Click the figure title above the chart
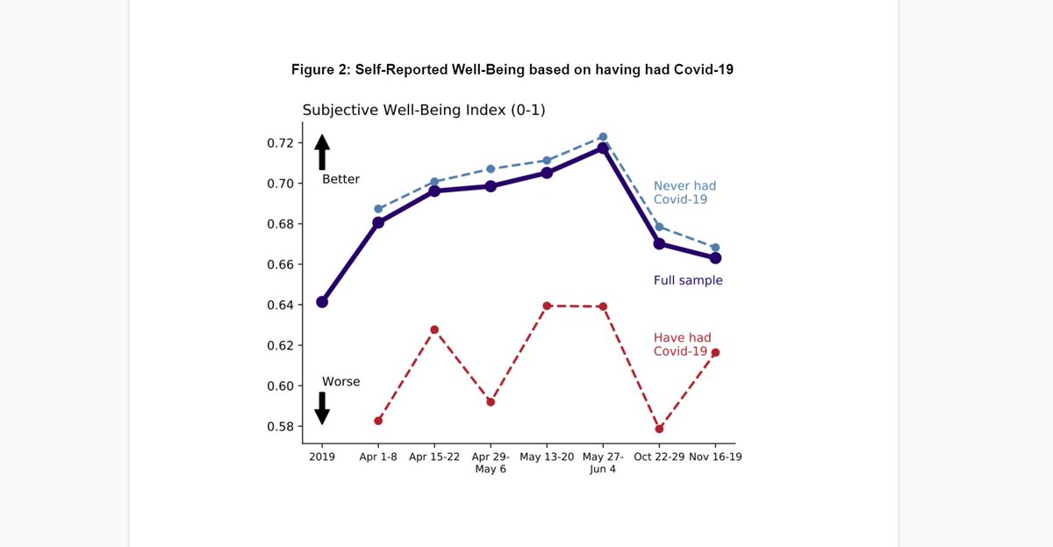[x=512, y=69]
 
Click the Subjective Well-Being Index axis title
[x=424, y=110]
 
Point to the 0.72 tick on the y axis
[x=281, y=143]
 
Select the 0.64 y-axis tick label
[x=281, y=306]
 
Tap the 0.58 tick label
[x=281, y=427]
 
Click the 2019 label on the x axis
[x=322, y=457]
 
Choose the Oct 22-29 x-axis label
[x=659, y=457]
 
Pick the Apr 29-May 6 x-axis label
[x=491, y=462]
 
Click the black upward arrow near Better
[x=322, y=151]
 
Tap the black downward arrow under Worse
[x=322, y=408]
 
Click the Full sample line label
[x=688, y=281]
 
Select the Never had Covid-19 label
[x=684, y=192]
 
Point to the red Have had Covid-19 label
[x=682, y=344]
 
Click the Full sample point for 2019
[x=322, y=302]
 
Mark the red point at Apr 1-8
[x=378, y=421]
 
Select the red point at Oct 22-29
[x=659, y=428]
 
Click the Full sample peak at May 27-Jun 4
[x=603, y=148]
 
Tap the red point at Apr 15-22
[x=434, y=329]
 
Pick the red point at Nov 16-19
[x=715, y=353]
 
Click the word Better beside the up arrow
[x=340, y=179]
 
